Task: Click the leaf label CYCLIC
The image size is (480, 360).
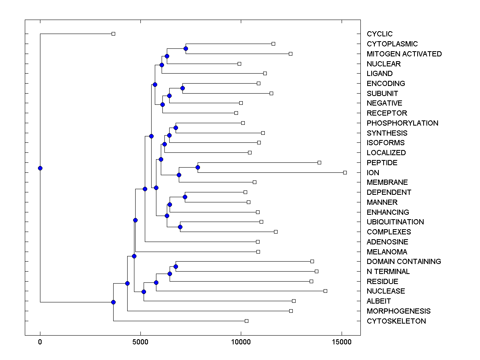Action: click(380, 34)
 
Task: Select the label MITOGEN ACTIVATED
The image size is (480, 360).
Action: click(404, 54)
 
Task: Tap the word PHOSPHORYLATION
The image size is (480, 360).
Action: click(402, 123)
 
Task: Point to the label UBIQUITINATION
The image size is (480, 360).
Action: click(395, 222)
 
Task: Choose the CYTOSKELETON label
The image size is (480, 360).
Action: click(396, 321)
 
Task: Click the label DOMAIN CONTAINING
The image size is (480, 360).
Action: click(404, 262)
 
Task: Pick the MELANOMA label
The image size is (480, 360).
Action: click(387, 252)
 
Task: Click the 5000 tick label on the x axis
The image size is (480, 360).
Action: click(140, 342)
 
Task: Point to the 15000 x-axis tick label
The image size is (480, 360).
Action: click(341, 342)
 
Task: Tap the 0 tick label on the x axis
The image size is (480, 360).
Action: click(40, 342)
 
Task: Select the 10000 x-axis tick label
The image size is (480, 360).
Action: click(241, 342)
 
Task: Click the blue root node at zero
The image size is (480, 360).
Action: click(40, 168)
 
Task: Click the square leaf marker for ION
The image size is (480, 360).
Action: click(345, 172)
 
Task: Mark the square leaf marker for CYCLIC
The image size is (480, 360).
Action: click(113, 34)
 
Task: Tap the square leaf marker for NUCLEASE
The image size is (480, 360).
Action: click(325, 291)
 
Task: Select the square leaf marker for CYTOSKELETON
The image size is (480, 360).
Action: click(246, 321)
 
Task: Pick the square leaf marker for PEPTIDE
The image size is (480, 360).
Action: click(319, 162)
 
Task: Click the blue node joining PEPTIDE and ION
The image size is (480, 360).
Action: click(198, 167)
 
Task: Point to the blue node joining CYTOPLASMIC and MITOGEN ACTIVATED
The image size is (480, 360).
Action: click(186, 48)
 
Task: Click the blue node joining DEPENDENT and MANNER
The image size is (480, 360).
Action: click(185, 197)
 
